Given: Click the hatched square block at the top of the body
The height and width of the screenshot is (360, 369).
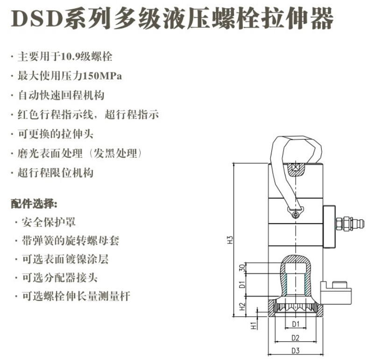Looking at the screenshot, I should (x=295, y=168).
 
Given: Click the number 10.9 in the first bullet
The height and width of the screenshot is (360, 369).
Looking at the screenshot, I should (x=69, y=57).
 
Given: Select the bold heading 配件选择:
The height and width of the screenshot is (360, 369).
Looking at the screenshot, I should (x=34, y=205).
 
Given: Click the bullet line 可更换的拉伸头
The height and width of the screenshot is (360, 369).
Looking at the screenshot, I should (x=55, y=134).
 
